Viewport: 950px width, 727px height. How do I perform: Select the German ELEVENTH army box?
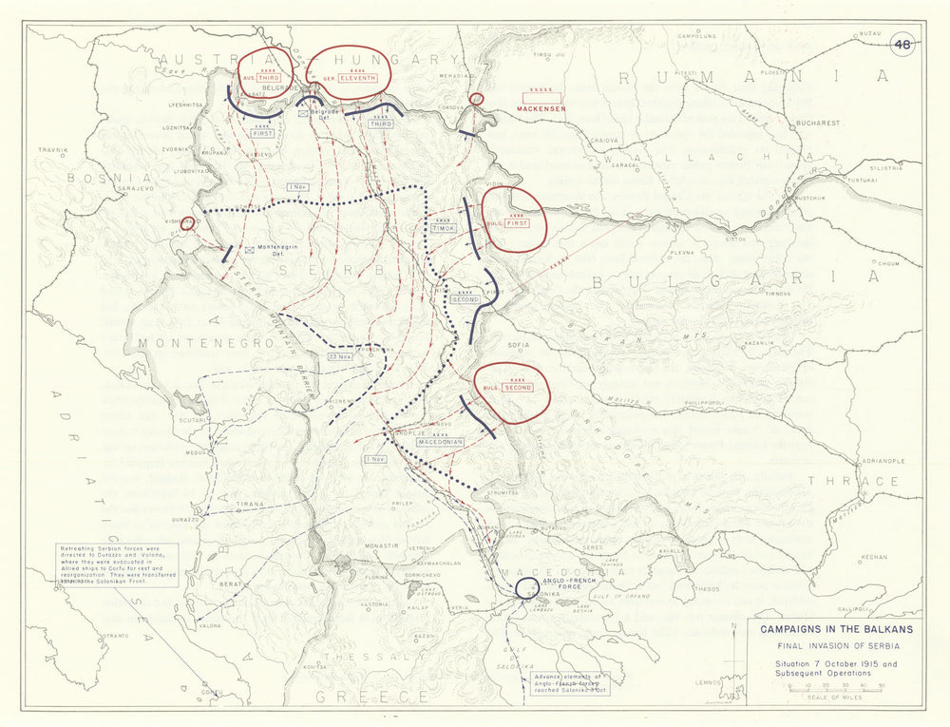[x=360, y=78]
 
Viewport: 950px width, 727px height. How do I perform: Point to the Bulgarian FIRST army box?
[x=517, y=223]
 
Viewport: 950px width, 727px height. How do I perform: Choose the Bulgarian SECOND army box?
[x=517, y=387]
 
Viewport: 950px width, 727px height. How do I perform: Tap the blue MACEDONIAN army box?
[x=438, y=442]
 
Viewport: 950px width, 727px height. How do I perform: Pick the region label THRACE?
[x=852, y=481]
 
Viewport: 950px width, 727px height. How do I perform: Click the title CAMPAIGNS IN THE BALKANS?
[x=830, y=628]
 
